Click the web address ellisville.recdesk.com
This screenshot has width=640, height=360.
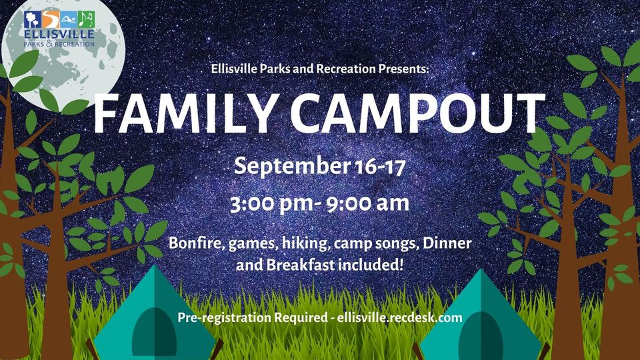click(x=399, y=318)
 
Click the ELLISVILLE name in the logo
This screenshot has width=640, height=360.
click(x=59, y=33)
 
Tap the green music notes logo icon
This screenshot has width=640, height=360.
click(x=86, y=18)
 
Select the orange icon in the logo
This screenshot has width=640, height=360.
click(x=50, y=18)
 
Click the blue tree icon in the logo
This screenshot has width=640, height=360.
click(x=31, y=18)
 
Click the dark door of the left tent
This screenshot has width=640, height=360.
click(x=154, y=333)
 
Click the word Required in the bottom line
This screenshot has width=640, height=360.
click(x=300, y=318)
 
